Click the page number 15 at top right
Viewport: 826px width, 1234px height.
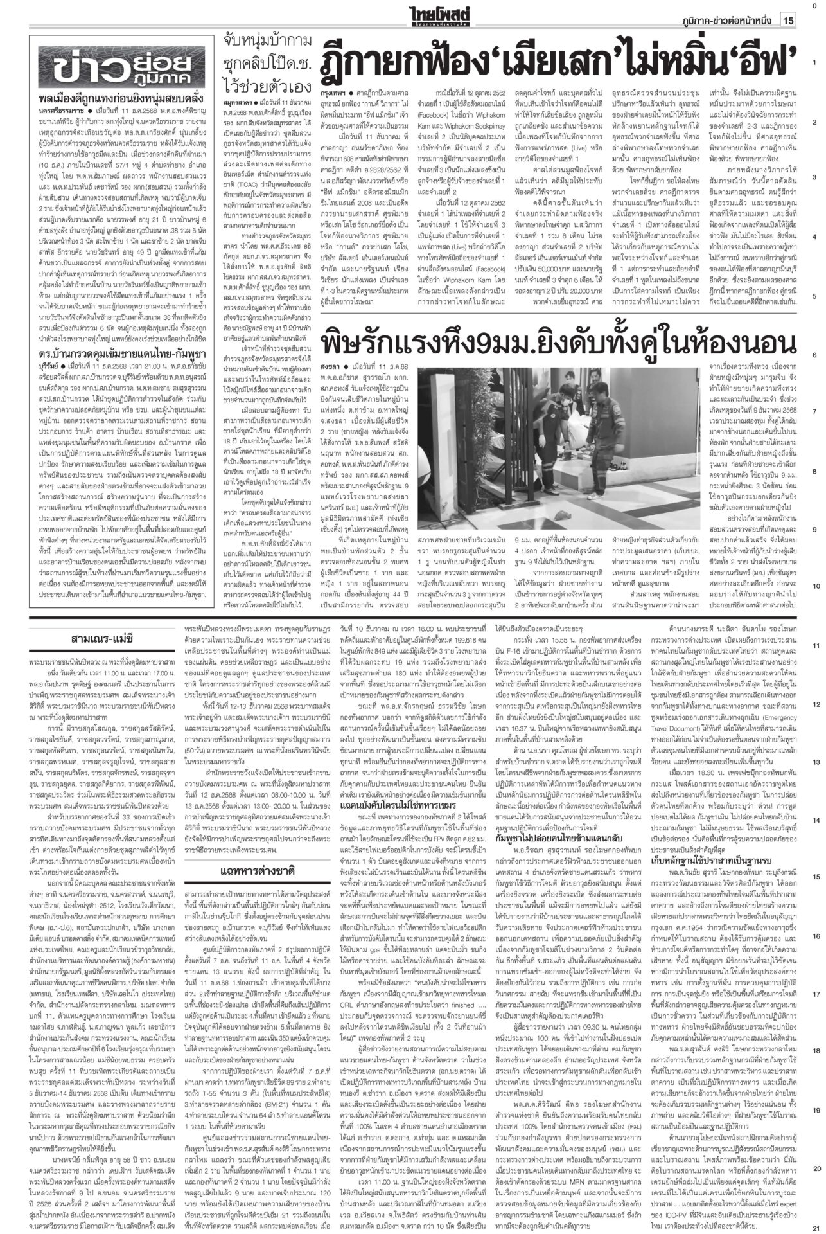[788, 21]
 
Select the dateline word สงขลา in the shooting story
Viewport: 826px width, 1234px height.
[328, 367]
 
